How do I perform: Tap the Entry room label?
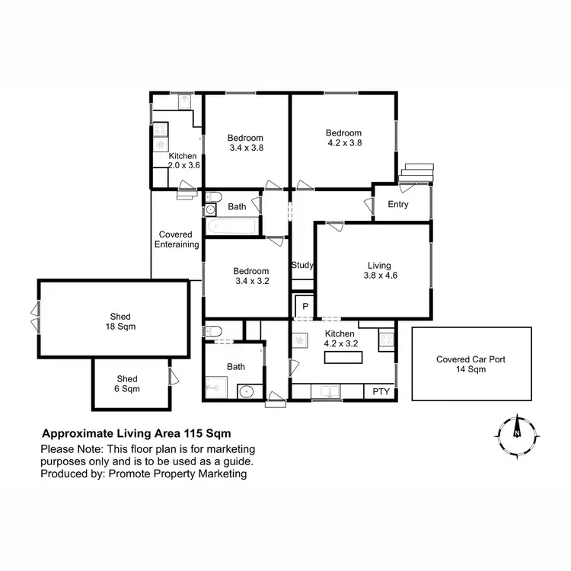click(x=398, y=204)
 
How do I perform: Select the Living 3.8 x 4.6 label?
click(x=378, y=271)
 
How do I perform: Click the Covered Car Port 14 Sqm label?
click(x=471, y=364)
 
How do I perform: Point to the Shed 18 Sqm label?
click(x=120, y=321)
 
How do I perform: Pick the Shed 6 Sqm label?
click(x=127, y=384)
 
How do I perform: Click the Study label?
click(x=303, y=266)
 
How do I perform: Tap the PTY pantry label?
click(x=381, y=392)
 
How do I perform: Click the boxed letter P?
click(x=305, y=306)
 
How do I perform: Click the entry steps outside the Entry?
click(x=416, y=174)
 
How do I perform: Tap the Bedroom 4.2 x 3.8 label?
click(x=343, y=137)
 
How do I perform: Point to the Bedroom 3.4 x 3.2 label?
click(x=250, y=276)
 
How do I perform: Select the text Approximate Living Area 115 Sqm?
click(x=131, y=432)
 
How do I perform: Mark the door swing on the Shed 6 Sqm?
click(x=173, y=375)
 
